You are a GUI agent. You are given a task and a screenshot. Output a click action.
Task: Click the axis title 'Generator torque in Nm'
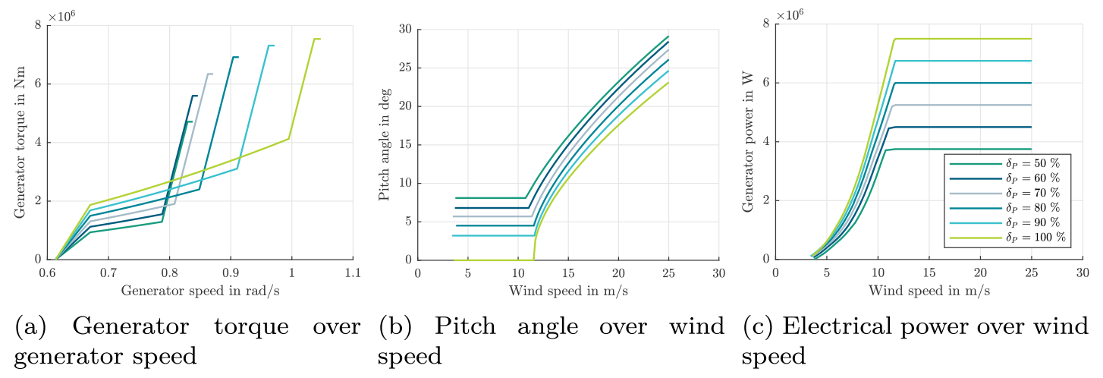point(19,142)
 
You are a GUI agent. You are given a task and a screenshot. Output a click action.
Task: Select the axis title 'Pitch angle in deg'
point(384,142)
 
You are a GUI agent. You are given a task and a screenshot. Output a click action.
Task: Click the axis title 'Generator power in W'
point(748,142)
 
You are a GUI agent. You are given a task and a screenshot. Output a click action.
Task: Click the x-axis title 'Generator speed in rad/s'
point(200,290)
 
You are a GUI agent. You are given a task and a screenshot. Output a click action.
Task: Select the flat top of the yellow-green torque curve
point(317,39)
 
